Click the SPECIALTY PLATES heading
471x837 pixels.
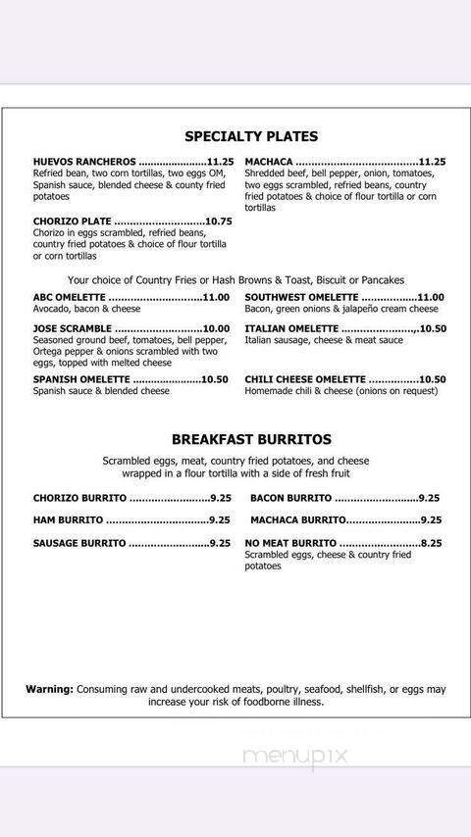tap(251, 136)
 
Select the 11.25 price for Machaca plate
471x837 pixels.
tap(432, 162)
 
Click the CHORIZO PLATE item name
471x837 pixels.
tap(72, 222)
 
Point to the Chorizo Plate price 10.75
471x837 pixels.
tap(219, 222)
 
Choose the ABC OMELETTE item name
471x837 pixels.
tap(69, 298)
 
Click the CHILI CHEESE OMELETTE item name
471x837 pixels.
tap(305, 379)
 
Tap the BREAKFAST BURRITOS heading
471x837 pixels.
tap(251, 439)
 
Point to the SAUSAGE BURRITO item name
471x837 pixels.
tap(79, 543)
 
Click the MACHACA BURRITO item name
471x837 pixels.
tap(297, 520)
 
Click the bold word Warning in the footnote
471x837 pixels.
tap(49, 689)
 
